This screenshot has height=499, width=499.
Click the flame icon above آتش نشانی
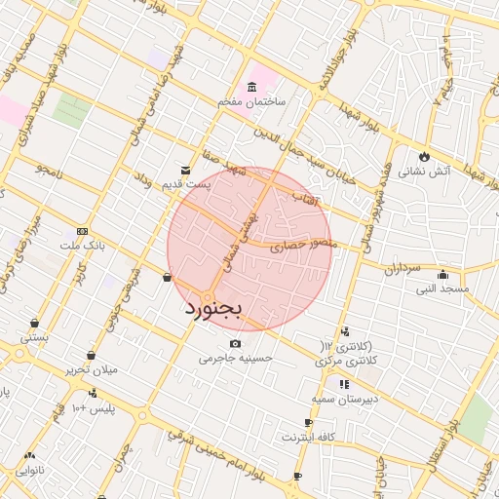click(x=424, y=156)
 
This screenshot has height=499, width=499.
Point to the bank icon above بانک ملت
click(x=82, y=230)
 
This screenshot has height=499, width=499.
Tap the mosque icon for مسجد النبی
click(x=442, y=274)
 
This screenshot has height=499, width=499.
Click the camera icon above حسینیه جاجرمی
click(x=235, y=343)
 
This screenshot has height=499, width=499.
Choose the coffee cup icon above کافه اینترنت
click(x=309, y=422)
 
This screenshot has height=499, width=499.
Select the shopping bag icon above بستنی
click(x=35, y=323)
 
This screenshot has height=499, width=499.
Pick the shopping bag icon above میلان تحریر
click(x=91, y=356)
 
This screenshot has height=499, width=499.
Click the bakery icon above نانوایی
click(x=29, y=455)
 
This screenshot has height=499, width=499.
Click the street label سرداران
click(x=400, y=266)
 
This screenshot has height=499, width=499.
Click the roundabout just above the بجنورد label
click(x=208, y=296)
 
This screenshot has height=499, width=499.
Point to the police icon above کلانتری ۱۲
click(x=346, y=332)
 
